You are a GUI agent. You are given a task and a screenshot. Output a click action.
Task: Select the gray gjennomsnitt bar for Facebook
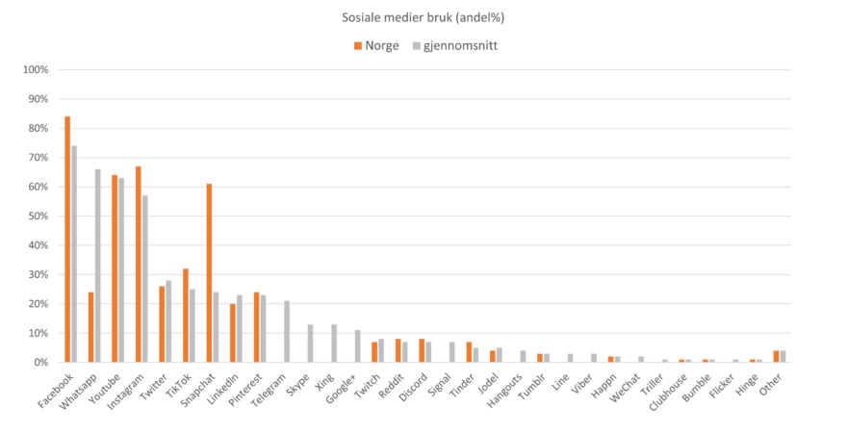tap(74, 254)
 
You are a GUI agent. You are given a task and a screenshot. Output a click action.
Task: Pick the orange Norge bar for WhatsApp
tap(90, 327)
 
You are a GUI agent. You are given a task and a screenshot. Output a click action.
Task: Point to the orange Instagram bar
tap(139, 264)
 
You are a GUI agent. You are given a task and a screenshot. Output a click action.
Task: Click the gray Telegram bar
tap(286, 331)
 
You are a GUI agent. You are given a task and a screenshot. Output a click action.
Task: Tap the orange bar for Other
tap(776, 356)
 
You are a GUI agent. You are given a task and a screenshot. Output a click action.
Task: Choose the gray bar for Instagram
tap(145, 278)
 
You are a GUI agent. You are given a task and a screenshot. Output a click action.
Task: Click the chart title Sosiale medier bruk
tap(423, 17)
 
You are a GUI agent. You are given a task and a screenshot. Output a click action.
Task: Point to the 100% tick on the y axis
tap(36, 70)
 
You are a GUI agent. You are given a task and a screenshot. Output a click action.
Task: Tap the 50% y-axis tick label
tap(38, 216)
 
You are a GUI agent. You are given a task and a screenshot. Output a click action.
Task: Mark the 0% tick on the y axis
tap(40, 363)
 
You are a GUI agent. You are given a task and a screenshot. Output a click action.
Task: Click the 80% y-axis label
tap(38, 129)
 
